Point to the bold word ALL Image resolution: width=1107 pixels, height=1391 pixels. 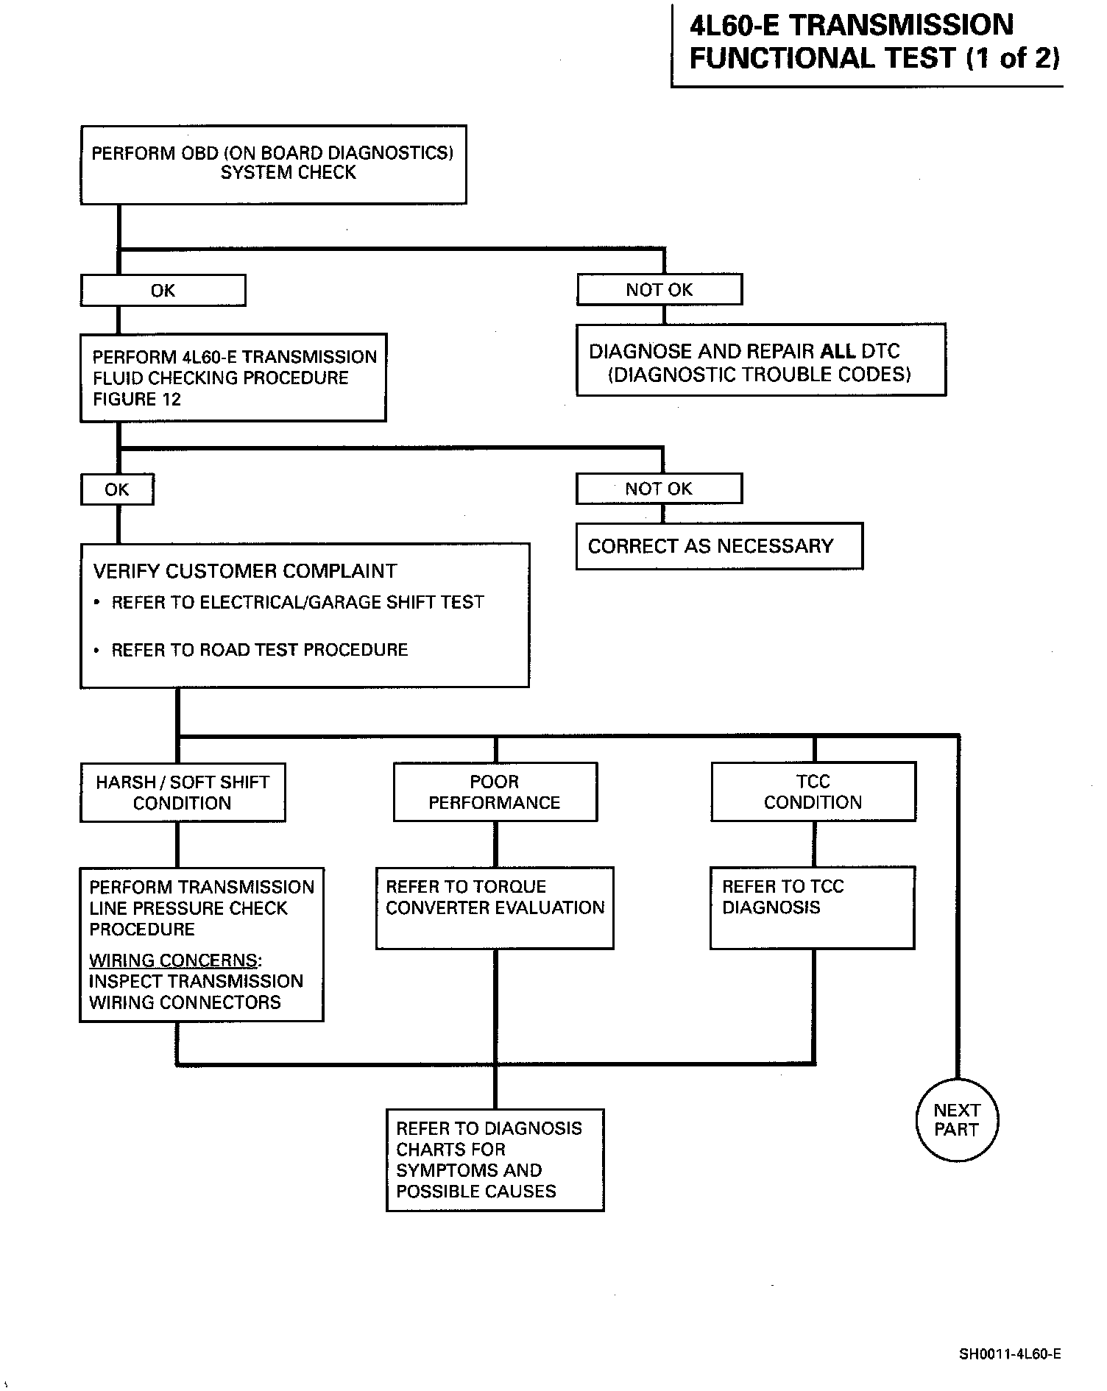838,351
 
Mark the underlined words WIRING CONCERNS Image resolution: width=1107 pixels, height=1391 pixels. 174,960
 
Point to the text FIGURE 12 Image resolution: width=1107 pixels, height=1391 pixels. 137,399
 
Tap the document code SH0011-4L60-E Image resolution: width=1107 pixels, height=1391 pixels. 1010,1353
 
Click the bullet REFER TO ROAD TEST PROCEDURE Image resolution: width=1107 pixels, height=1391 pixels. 251,650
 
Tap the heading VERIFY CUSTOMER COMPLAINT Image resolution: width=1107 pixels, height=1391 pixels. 245,571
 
